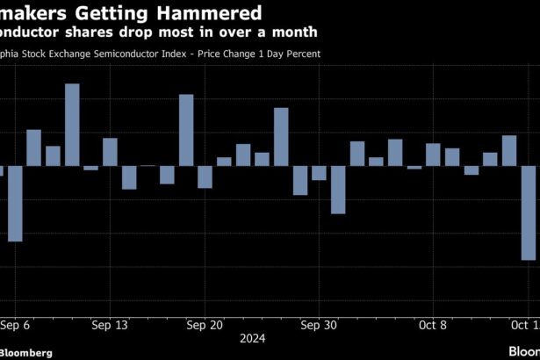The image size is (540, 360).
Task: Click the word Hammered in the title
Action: [x=212, y=13]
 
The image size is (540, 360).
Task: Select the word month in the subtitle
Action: [x=295, y=32]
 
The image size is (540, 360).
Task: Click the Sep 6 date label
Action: [x=15, y=325]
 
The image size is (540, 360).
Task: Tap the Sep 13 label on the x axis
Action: [x=110, y=325]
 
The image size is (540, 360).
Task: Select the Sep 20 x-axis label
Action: [x=204, y=325]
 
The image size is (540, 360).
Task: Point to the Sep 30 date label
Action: [x=318, y=325]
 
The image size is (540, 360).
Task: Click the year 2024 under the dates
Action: [x=252, y=338]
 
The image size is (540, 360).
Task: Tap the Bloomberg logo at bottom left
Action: [x=26, y=352]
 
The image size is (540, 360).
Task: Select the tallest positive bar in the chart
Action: [x=72, y=125]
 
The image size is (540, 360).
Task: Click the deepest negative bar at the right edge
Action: [x=529, y=212]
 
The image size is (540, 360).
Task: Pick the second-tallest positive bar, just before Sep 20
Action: [x=185, y=130]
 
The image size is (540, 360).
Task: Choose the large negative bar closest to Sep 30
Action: [x=338, y=190]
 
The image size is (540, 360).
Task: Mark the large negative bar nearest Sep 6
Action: [x=15, y=204]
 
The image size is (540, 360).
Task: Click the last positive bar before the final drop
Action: [x=509, y=150]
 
